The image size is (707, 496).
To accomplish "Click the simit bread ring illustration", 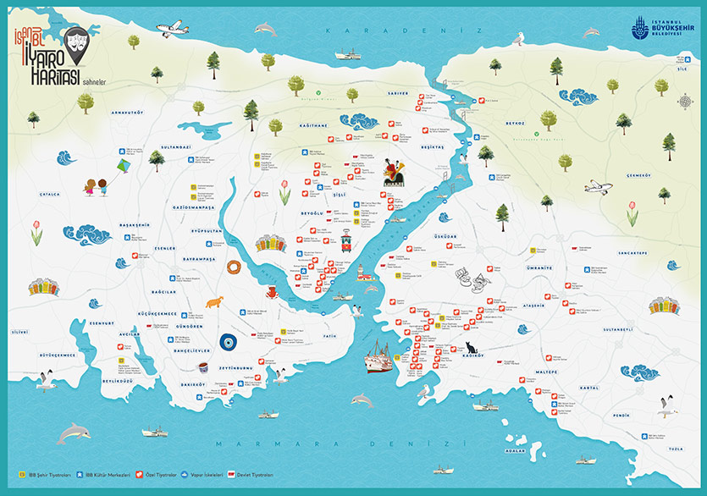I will click(x=234, y=267).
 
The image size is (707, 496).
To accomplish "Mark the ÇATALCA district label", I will click(x=50, y=194).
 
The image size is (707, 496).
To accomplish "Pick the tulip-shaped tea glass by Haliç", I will click(x=203, y=368).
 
